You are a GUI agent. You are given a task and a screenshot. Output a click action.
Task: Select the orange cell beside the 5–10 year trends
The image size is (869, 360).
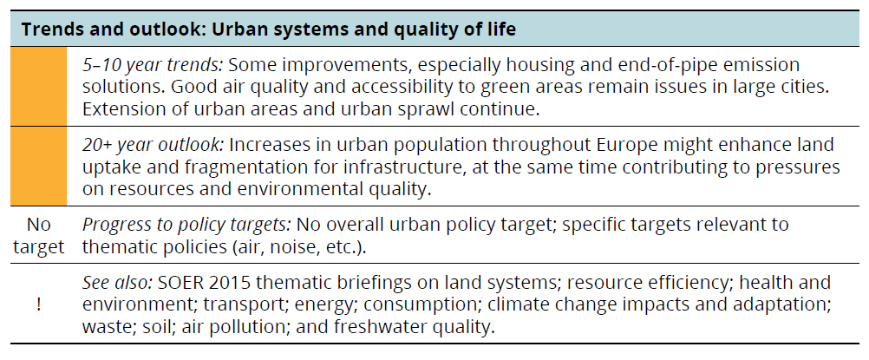(x=38, y=86)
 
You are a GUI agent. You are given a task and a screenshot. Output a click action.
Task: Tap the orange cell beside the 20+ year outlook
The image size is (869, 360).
(x=38, y=166)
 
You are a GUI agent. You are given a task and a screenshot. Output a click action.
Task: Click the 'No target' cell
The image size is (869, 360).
(x=38, y=235)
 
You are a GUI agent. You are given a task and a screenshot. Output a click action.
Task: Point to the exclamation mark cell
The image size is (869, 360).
(x=38, y=304)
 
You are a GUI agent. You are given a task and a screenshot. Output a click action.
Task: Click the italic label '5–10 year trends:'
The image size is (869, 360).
(x=153, y=65)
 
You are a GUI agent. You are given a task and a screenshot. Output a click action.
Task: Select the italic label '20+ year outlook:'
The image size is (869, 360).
(x=154, y=145)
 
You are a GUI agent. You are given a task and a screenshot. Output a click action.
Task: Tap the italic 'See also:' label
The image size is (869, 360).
(x=117, y=282)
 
